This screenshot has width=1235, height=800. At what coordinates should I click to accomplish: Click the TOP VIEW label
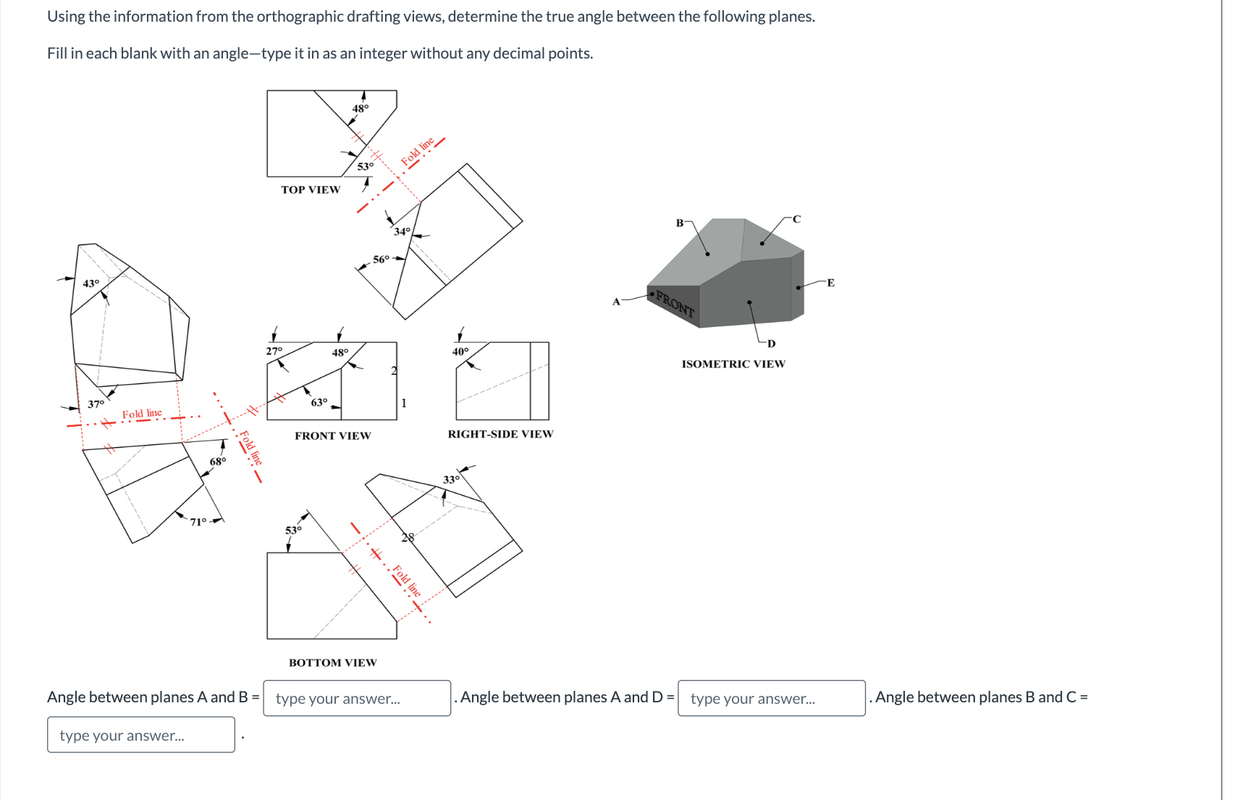pyautogui.click(x=311, y=190)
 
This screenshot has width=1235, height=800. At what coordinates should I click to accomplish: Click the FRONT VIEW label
pyautogui.click(x=332, y=435)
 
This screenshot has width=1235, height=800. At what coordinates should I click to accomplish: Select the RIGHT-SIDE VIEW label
pyautogui.click(x=500, y=434)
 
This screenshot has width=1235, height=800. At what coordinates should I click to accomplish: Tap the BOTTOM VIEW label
pyautogui.click(x=332, y=663)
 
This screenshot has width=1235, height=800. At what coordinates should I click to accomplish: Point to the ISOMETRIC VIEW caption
pyautogui.click(x=733, y=364)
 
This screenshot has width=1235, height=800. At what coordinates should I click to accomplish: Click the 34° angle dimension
pyautogui.click(x=402, y=231)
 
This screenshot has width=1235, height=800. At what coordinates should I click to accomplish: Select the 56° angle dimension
pyautogui.click(x=381, y=259)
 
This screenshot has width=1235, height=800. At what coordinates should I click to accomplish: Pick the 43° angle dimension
pyautogui.click(x=90, y=284)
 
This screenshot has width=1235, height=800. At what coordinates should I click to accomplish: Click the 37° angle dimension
pyautogui.click(x=96, y=404)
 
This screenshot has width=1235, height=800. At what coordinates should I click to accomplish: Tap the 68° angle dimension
pyautogui.click(x=217, y=461)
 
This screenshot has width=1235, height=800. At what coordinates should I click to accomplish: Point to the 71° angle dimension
pyautogui.click(x=198, y=522)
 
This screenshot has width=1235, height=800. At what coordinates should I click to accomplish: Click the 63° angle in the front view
pyautogui.click(x=319, y=402)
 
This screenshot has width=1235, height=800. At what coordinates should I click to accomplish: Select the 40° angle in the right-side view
pyautogui.click(x=460, y=352)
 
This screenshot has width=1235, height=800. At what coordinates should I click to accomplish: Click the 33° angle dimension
pyautogui.click(x=451, y=480)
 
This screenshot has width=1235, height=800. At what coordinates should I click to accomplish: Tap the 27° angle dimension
pyautogui.click(x=274, y=351)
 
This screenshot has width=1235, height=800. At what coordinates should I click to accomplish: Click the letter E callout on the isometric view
pyautogui.click(x=830, y=283)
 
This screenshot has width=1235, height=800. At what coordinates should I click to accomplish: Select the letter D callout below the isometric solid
pyautogui.click(x=771, y=344)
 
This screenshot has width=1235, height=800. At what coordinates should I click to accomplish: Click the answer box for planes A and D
pyautogui.click(x=771, y=698)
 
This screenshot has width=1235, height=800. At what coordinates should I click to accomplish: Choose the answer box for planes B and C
pyautogui.click(x=140, y=735)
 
